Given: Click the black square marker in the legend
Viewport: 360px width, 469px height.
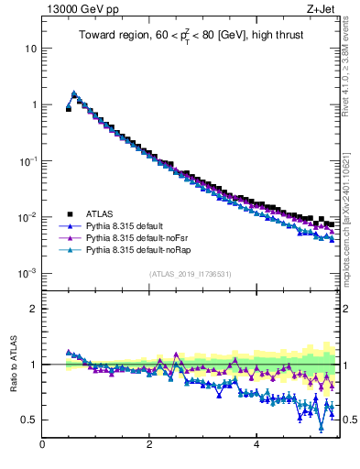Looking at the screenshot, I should [69, 213].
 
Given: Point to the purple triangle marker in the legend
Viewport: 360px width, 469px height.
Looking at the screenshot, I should [69, 236].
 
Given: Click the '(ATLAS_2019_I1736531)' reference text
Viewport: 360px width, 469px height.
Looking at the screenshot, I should [190, 274].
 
